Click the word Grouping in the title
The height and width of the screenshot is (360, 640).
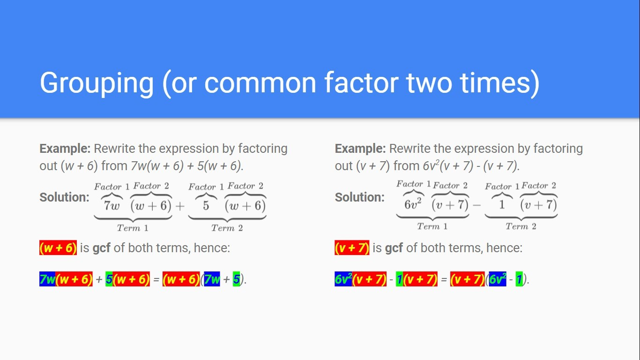click(97, 83)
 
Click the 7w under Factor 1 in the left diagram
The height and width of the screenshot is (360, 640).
click(112, 206)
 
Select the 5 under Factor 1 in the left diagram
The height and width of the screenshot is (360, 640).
click(206, 206)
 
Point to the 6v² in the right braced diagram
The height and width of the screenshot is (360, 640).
click(413, 204)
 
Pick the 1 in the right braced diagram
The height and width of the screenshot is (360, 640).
click(502, 205)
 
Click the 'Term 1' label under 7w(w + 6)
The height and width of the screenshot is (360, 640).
click(133, 228)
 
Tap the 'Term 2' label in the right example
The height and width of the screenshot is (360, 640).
click(521, 226)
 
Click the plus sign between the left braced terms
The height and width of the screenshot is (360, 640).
click(180, 206)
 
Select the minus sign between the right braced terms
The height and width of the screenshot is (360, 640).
click(476, 205)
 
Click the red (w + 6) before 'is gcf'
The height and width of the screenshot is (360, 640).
click(58, 247)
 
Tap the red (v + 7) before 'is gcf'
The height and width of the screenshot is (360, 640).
click(352, 247)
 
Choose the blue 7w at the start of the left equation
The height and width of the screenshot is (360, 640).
click(47, 279)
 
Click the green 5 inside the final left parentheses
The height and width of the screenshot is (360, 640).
click(237, 279)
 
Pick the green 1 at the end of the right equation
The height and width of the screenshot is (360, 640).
click(519, 279)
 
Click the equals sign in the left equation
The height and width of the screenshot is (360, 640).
click(156, 279)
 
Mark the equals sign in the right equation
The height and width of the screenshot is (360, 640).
click(444, 279)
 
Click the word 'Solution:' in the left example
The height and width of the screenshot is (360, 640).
click(64, 197)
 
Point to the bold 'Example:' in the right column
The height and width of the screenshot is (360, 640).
click(360, 149)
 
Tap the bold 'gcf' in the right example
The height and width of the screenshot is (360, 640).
click(394, 248)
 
